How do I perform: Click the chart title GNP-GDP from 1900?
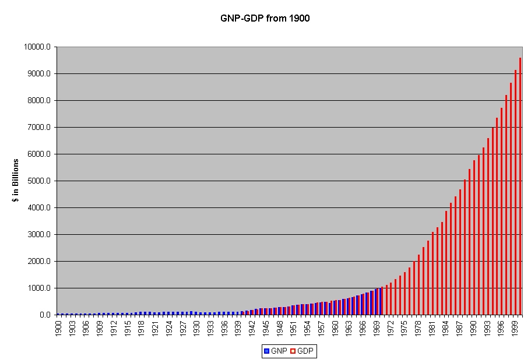pos(265,19)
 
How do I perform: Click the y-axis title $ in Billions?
pos(15,180)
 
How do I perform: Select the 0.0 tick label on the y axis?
pos(45,315)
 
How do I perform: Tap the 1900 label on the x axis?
pos(59,328)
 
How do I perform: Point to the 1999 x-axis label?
pos(515,328)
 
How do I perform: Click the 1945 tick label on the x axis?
pos(266,328)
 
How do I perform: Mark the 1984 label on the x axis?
pos(446,328)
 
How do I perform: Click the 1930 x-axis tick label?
pos(198,328)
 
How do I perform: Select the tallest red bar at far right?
pos(520,186)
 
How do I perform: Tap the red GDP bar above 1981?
pos(432,273)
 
